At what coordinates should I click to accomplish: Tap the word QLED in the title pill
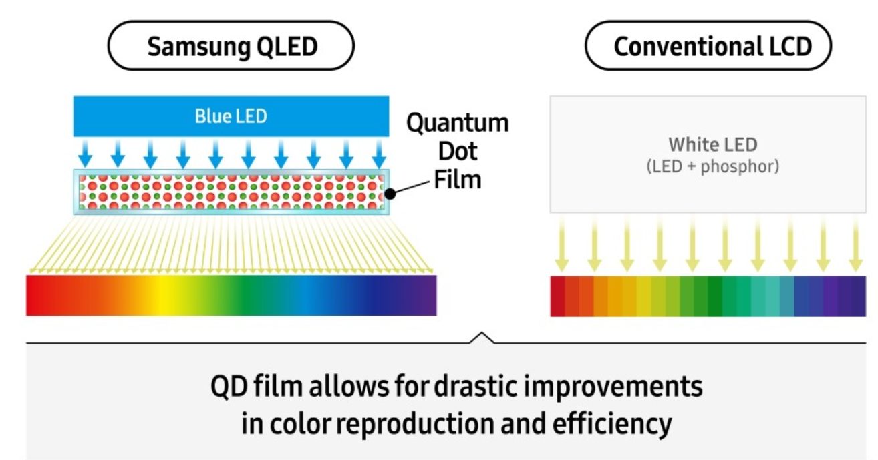click(287, 47)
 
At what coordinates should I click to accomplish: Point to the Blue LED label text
click(231, 116)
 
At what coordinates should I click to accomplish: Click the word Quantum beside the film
click(458, 123)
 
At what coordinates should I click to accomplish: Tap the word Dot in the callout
click(458, 151)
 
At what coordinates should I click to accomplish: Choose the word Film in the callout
click(458, 180)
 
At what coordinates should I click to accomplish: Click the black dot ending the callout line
click(390, 194)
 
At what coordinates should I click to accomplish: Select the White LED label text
click(712, 144)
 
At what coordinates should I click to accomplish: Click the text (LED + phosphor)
click(712, 166)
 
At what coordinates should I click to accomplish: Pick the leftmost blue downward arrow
click(85, 154)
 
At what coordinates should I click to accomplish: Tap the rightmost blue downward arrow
click(379, 154)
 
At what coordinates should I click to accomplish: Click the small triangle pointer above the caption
click(482, 337)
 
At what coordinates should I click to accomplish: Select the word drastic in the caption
click(476, 387)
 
